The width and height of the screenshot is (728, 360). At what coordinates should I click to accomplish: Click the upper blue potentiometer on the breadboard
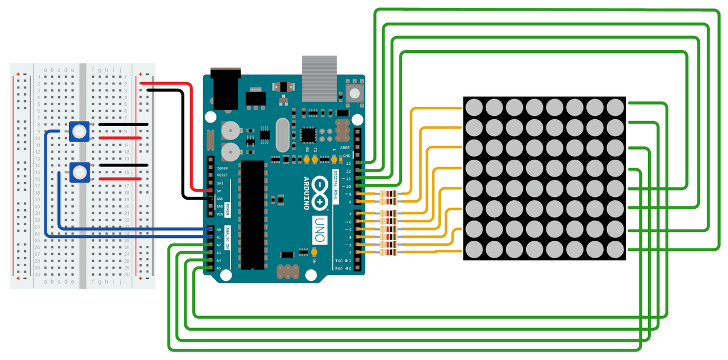pos(79,132)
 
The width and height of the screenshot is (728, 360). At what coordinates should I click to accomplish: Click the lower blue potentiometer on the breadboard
pos(79,172)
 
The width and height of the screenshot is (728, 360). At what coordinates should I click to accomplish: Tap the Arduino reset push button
pos(354,94)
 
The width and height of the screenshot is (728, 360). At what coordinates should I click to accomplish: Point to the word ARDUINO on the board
pos(307,193)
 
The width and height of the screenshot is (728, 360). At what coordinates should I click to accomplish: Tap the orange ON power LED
pos(314,253)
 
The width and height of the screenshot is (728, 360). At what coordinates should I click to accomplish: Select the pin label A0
pos(218,230)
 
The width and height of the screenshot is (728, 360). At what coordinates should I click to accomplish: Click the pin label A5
pos(218,268)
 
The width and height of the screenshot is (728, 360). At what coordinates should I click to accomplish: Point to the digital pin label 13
pos(349,163)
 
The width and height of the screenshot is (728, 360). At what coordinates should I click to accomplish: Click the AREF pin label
pos(345,147)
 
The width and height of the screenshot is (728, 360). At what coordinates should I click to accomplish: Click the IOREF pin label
pos(222,168)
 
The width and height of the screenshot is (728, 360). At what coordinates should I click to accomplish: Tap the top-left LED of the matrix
pos(473,106)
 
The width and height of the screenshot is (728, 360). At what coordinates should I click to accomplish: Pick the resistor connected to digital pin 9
pos(388,194)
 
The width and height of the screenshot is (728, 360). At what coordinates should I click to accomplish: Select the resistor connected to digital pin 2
pos(388,253)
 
